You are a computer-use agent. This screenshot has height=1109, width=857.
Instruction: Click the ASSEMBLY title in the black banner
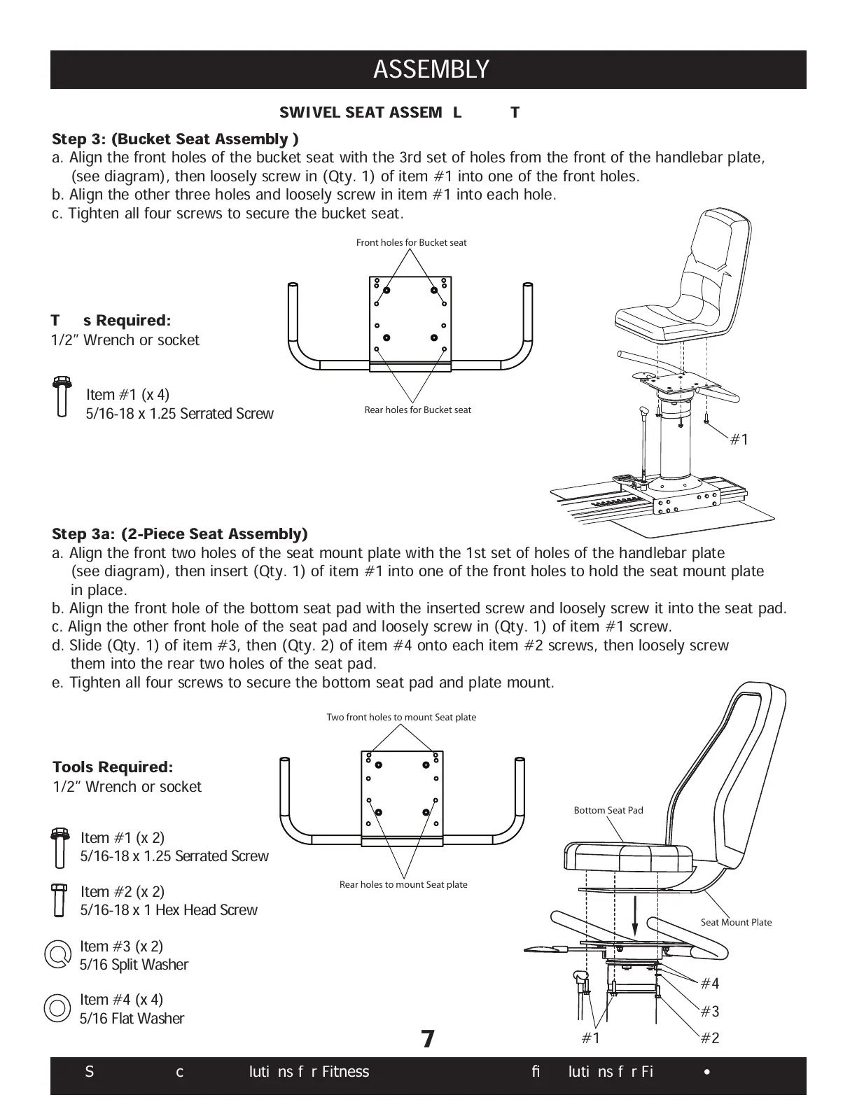[x=431, y=70]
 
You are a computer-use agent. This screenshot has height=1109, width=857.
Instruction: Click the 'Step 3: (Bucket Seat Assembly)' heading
[x=175, y=139]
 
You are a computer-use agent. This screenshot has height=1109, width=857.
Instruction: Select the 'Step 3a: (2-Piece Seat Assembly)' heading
[x=180, y=534]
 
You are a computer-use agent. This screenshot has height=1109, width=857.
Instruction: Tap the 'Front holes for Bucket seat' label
[x=411, y=243]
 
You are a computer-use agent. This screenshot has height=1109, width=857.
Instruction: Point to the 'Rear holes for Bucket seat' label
[x=417, y=410]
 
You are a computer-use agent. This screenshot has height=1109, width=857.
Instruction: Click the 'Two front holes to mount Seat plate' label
[x=401, y=717]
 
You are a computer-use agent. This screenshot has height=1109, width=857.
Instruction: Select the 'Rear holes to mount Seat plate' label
[x=403, y=884]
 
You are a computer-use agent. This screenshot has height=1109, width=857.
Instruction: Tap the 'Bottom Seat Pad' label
[x=608, y=810]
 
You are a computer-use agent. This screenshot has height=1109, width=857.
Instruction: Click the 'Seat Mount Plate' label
[x=736, y=922]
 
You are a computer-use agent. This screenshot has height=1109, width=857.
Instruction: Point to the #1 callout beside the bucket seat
[x=739, y=439]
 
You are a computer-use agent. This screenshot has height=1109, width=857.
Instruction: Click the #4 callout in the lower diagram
[x=710, y=984]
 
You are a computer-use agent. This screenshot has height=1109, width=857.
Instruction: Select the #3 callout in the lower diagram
[x=710, y=1011]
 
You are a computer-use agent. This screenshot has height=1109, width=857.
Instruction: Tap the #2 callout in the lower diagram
[x=710, y=1038]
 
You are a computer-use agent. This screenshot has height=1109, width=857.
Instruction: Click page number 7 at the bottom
[x=428, y=1039]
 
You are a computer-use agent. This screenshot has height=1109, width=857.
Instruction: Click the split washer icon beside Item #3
[x=57, y=954]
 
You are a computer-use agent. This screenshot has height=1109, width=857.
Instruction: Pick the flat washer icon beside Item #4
[x=57, y=1007]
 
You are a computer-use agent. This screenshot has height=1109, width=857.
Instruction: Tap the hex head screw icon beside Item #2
[x=59, y=900]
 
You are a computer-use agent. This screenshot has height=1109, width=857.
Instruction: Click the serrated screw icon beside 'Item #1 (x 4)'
[x=62, y=397]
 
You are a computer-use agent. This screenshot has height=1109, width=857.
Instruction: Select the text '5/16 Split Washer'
[x=134, y=965]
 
